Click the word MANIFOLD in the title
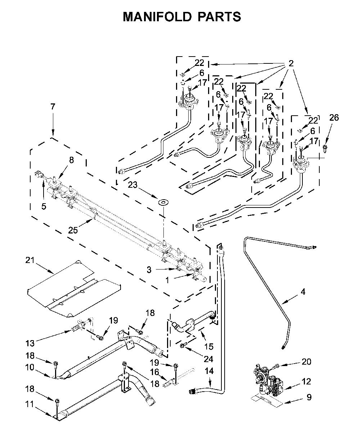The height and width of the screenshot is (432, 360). tap(157, 17)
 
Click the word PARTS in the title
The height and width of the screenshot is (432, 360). tap(219, 17)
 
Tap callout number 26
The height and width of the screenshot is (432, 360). tap(334, 118)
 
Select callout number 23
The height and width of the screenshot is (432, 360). tap(133, 185)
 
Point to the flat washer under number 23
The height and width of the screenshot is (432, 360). tap(163, 203)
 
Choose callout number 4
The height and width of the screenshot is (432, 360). tap(303, 291)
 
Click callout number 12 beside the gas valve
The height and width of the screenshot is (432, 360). tap(306, 381)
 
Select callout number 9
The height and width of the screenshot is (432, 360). tap(309, 397)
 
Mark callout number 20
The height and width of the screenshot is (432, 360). tap(306, 361)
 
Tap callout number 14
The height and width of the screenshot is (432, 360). tap(209, 371)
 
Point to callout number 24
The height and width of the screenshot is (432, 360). tap(208, 359)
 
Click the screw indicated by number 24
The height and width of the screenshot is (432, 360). tap(183, 345)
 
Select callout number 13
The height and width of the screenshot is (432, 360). tap(30, 343)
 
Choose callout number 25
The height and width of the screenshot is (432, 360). tap(73, 230)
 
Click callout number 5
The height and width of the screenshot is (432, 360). tap(44, 206)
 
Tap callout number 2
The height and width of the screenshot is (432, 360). tap(291, 63)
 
